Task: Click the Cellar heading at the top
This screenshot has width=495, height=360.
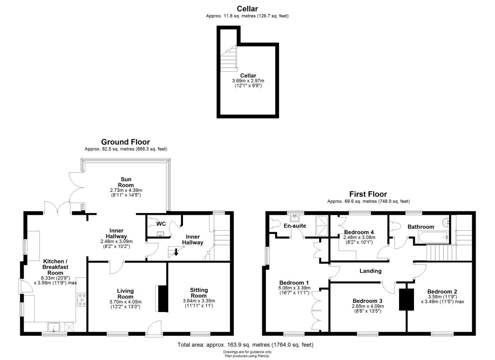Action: click(247, 9)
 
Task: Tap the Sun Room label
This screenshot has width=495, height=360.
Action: click(126, 182)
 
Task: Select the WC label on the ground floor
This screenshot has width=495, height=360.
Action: click(161, 224)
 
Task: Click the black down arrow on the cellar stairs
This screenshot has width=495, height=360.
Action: click(176, 252)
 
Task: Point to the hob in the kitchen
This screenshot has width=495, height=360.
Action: click(82, 300)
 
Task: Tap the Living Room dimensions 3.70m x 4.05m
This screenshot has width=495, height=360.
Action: click(126, 302)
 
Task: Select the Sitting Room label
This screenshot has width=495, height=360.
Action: click(199, 293)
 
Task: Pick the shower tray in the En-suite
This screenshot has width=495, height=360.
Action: click(322, 226)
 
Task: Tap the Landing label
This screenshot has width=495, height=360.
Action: click(370, 271)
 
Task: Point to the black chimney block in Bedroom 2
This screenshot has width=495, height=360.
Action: click(406, 299)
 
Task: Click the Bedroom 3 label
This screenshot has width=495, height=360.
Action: click(367, 301)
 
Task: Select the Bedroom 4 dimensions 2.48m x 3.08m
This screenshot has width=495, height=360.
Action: click(359, 237)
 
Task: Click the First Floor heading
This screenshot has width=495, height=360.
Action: click(368, 194)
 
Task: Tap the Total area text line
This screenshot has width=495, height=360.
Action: click(245, 345)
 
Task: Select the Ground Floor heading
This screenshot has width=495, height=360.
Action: click(126, 142)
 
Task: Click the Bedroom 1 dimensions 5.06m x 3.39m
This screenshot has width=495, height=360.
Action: click(294, 288)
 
